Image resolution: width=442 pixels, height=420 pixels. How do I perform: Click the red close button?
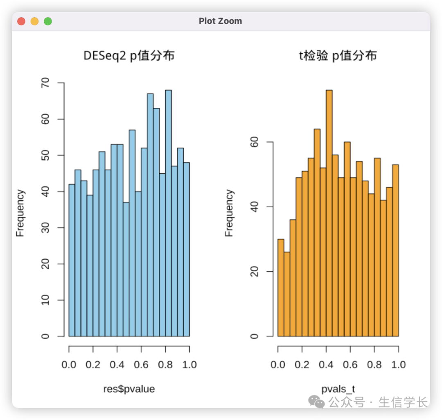click(22, 21)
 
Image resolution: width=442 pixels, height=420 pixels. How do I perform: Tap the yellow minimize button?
click(35, 21)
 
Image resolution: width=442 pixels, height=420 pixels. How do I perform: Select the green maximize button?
click(48, 21)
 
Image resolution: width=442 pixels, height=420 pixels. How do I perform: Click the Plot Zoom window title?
click(220, 21)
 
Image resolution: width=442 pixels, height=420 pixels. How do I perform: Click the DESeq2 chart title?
click(129, 55)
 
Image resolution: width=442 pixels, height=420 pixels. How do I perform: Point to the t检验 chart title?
click(338, 55)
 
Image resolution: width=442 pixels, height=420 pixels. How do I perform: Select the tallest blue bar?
click(168, 213)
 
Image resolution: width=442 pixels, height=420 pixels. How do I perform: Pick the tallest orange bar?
click(329, 213)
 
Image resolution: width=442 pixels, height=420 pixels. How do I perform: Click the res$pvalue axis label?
click(129, 389)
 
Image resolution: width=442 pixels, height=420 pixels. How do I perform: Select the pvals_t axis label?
click(338, 389)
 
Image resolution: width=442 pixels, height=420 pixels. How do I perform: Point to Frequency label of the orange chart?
click(229, 213)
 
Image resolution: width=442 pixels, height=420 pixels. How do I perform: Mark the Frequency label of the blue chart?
click(20, 213)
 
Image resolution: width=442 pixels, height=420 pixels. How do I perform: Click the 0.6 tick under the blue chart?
click(141, 364)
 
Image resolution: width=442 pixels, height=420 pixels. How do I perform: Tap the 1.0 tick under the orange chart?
click(398, 364)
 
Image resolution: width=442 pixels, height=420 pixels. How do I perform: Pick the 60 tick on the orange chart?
click(254, 142)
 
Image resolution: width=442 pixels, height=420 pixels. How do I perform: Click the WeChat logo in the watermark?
click(317, 402)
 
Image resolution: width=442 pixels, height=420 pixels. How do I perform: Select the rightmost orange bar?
click(395, 250)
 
